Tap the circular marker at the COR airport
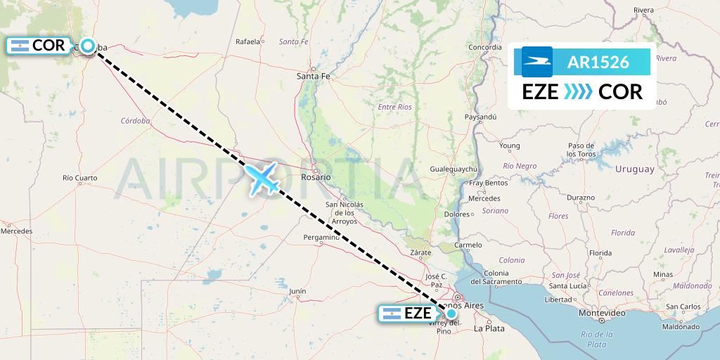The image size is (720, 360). (87, 46)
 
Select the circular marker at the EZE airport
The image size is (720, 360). (451, 314)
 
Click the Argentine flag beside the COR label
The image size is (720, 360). (20, 46)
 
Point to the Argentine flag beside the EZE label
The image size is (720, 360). (392, 314)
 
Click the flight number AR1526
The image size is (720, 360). (598, 62)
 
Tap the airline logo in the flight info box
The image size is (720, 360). (537, 62)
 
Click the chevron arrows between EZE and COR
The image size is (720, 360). (579, 92)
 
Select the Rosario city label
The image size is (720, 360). (316, 177)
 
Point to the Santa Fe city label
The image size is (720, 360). (313, 76)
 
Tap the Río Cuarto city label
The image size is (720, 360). (79, 178)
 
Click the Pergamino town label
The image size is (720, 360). (322, 238)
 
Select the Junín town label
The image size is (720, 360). (297, 290)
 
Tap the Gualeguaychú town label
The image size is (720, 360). (454, 169)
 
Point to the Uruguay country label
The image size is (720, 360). (634, 169)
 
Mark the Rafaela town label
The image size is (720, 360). (247, 41)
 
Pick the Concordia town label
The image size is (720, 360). (485, 47)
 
